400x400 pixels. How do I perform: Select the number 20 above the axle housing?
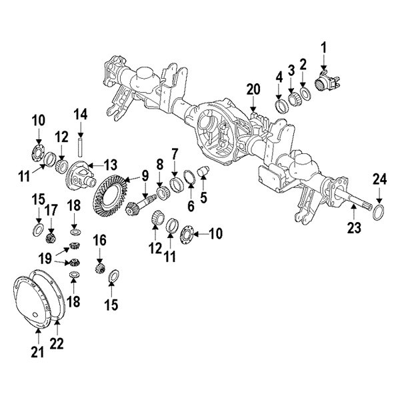click(x=253, y=89)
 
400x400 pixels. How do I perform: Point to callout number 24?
click(x=379, y=179)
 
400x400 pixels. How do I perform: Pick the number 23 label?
click(x=353, y=229)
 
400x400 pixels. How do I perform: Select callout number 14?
click(x=81, y=114)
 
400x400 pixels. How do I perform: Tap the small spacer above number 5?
click(x=204, y=173)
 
